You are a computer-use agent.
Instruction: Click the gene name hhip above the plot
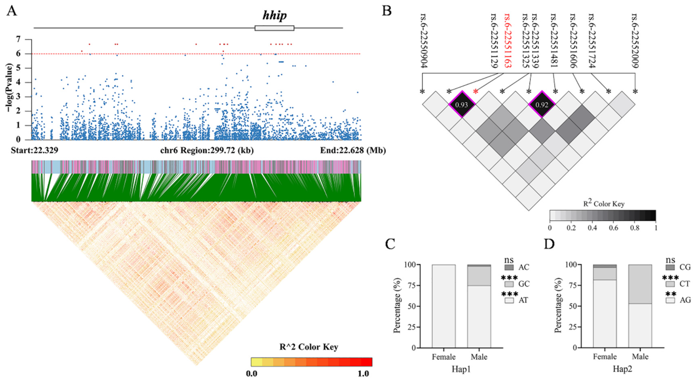pos(274,16)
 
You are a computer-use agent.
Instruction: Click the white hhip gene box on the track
pos(274,28)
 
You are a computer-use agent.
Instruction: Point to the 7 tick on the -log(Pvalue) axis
pos(18,40)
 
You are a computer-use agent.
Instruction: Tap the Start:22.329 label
pos(34,150)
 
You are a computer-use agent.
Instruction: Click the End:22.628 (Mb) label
pos(353,150)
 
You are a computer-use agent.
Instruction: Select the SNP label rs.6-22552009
pos(635,41)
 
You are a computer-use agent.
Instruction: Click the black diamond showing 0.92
pos(541,104)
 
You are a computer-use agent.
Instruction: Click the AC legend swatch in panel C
pos(509,267)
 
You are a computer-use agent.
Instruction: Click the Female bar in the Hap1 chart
pos(444,306)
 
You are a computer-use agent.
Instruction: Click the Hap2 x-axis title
pos(622,369)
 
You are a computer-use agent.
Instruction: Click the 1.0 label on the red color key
pos(363,374)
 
